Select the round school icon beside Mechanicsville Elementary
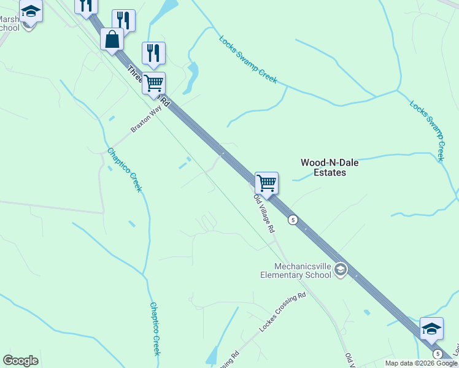coord(341,270)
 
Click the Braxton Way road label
coord(145,118)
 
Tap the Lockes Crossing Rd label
coord(282,313)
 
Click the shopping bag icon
coord(112,39)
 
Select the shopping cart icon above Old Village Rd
coord(266,183)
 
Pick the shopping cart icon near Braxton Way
coord(153,82)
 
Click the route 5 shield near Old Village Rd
coord(293,220)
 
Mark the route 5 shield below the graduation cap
coord(437,354)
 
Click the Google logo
coord(20,361)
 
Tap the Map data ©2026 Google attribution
coord(422,363)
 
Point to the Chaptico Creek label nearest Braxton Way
coord(124,169)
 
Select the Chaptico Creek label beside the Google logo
coord(155,328)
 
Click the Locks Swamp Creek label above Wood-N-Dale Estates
coord(248,59)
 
